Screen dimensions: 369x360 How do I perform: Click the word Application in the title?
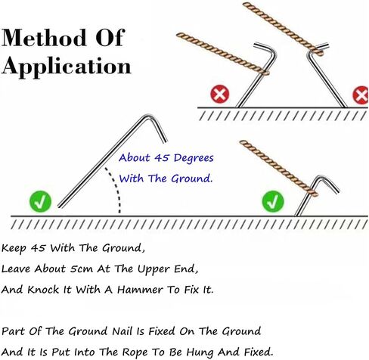[x=67, y=67]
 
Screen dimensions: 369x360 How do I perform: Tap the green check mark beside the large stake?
[x=40, y=201]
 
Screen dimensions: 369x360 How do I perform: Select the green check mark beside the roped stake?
[x=273, y=201]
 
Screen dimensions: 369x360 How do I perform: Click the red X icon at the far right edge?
[x=361, y=95]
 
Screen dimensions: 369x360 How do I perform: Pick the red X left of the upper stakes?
[x=220, y=94]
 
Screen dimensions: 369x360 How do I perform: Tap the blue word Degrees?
[x=194, y=158]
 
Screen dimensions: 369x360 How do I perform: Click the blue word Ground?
[x=191, y=178]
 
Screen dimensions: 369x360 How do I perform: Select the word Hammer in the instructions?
[x=140, y=290]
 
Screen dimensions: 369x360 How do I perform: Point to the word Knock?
[x=43, y=290]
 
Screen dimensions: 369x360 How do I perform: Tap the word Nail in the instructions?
[x=122, y=331]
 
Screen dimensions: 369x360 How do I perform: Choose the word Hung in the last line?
[x=201, y=352]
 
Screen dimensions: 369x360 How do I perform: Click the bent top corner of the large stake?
[x=148, y=116]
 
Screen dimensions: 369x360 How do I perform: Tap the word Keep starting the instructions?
[x=14, y=248]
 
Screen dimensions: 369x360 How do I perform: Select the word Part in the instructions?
[x=13, y=331]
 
